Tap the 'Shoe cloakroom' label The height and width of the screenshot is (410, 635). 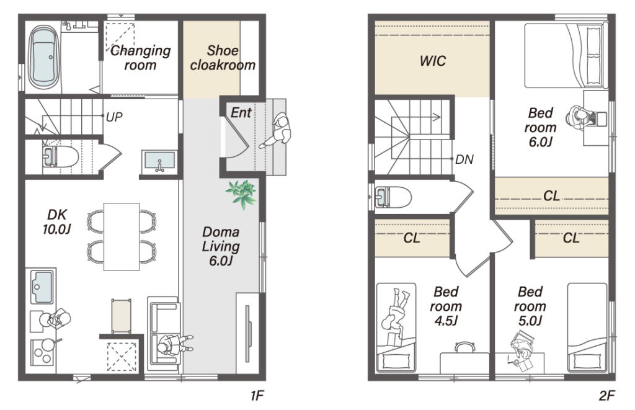[223, 58]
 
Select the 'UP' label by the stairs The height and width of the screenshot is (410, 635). [114, 117]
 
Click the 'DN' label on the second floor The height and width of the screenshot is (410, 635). [464, 159]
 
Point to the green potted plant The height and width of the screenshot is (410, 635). [242, 194]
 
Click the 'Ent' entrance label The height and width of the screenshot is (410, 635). [241, 113]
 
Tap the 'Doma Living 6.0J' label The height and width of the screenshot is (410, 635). [221, 246]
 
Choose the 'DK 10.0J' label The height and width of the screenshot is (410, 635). [56, 221]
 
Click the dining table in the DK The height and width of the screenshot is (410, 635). [122, 236]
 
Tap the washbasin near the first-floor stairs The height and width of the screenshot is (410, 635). [159, 161]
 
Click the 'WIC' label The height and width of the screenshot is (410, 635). [432, 61]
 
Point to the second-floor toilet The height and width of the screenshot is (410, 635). [393, 197]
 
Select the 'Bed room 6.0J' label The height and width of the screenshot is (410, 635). [541, 127]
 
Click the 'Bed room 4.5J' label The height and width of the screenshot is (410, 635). [446, 306]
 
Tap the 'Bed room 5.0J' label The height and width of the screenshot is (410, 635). [530, 306]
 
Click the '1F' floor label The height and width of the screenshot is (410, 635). [257, 395]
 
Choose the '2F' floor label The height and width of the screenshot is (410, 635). [606, 395]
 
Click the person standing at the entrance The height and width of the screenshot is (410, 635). [278, 130]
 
